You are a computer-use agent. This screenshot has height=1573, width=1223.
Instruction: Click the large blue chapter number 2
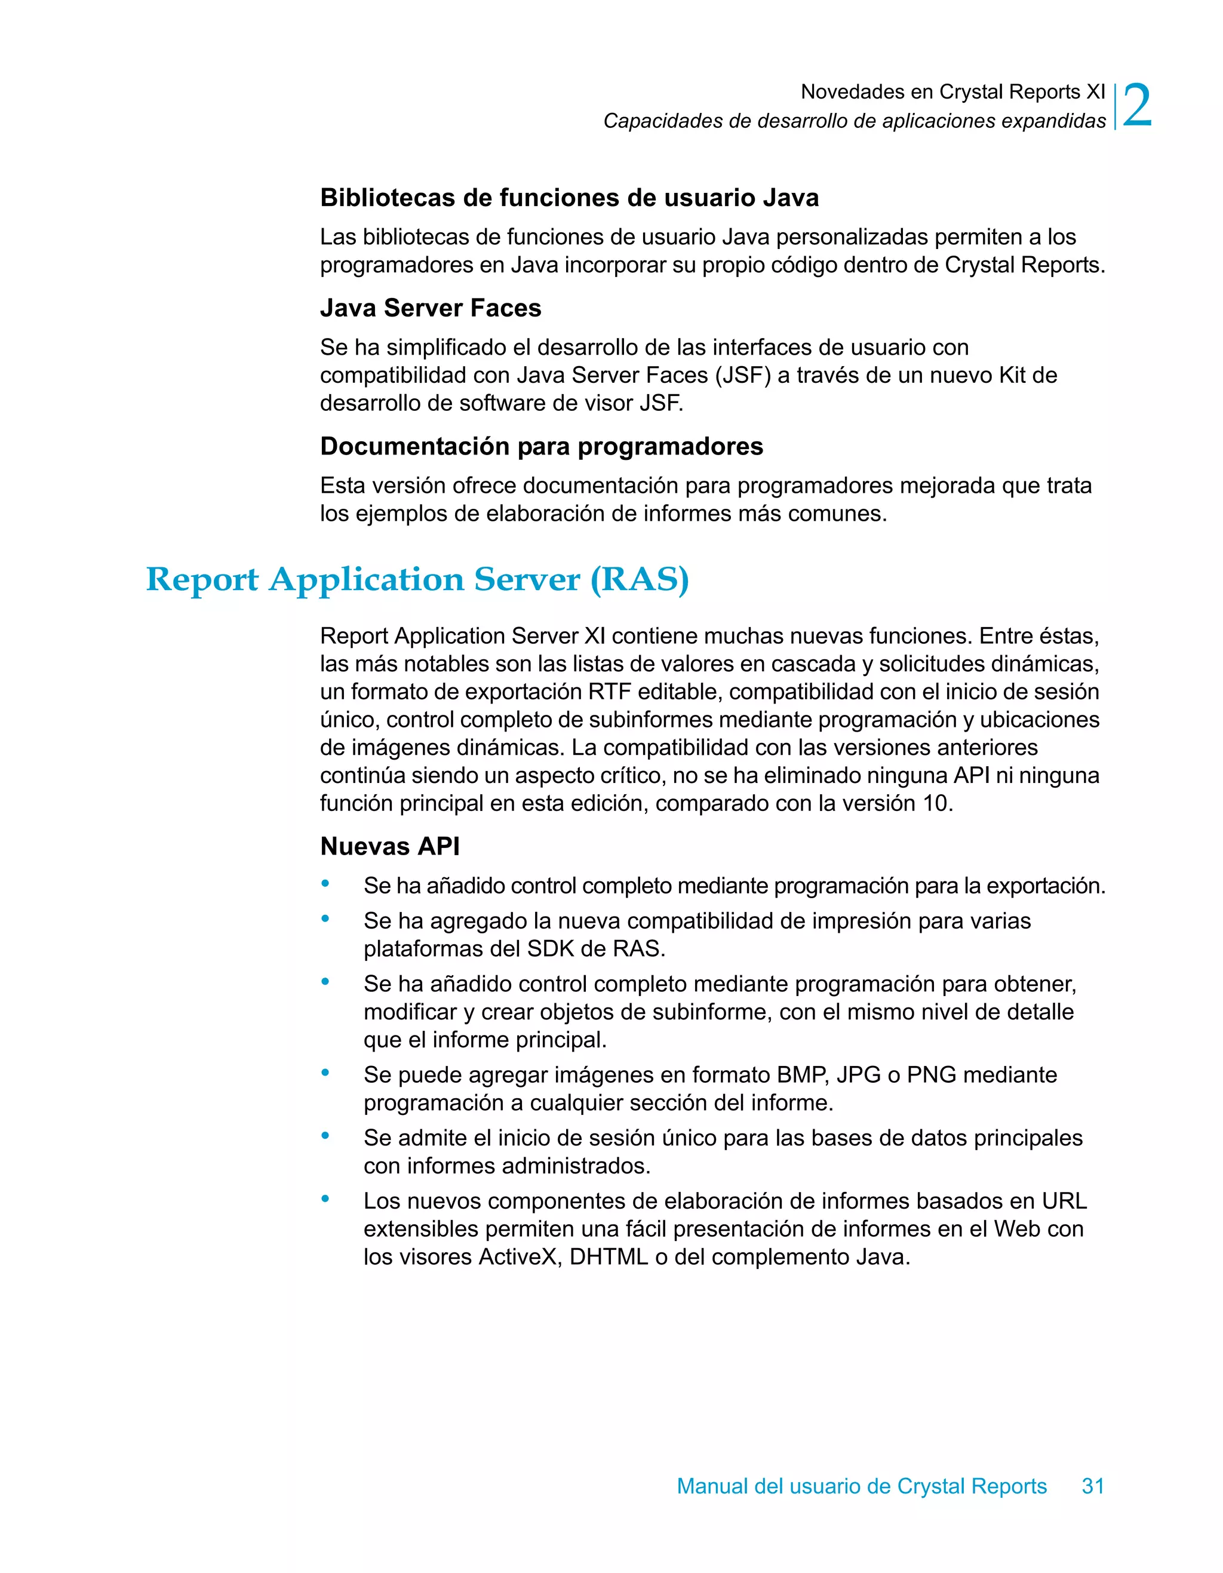pos(1136,106)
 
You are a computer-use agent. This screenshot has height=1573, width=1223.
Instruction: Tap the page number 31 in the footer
pos(1093,1486)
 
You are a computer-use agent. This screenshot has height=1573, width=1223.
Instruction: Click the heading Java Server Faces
pos(430,308)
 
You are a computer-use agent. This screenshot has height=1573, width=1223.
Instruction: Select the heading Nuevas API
pos(390,846)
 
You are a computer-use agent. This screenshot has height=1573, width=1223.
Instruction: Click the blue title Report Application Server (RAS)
pos(417,580)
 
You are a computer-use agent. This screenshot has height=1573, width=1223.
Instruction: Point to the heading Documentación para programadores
pos(541,447)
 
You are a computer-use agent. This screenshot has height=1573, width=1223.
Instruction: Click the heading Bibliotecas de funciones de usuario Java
pos(569,198)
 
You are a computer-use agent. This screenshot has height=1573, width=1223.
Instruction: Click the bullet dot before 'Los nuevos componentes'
pos(325,1199)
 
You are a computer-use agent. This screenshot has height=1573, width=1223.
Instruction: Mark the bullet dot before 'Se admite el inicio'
pos(325,1136)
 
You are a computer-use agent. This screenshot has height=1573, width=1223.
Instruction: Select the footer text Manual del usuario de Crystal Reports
pos(862,1486)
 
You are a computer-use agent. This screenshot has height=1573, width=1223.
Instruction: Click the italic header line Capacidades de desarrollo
pos(854,121)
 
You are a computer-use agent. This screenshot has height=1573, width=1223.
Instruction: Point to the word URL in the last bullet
pos(1064,1202)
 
